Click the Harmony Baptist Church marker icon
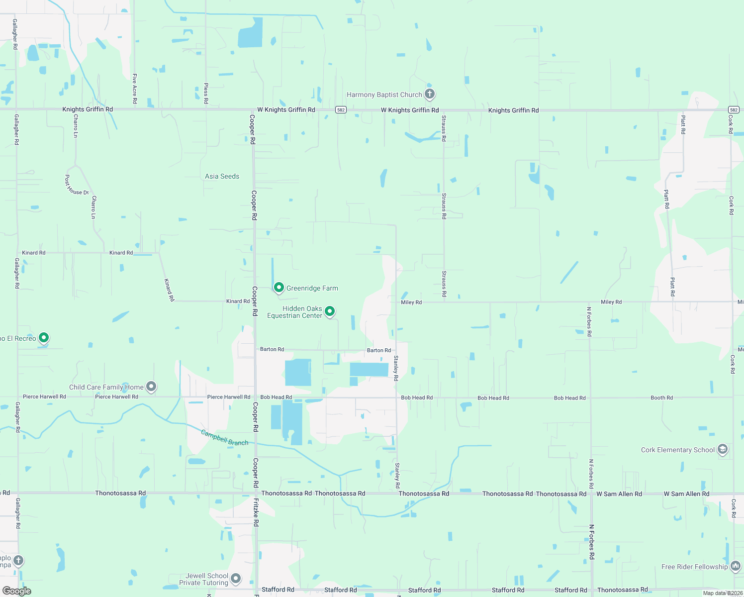click(x=430, y=94)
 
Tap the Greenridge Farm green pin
click(x=279, y=288)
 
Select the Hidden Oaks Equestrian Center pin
click(x=329, y=311)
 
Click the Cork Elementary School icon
click(x=723, y=449)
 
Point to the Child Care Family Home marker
click(x=152, y=387)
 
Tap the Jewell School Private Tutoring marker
click(x=236, y=579)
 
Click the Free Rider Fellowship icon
click(x=736, y=566)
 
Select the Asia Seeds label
click(x=222, y=176)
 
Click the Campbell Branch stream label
click(x=224, y=438)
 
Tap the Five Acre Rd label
click(x=134, y=88)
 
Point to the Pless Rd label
click(x=206, y=93)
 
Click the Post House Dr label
click(x=77, y=185)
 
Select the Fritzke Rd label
click(x=256, y=512)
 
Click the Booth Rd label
click(x=661, y=398)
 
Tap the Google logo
click(x=16, y=591)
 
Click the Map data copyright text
click(x=723, y=593)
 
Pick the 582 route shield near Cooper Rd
click(x=340, y=110)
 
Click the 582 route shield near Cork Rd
click(x=734, y=110)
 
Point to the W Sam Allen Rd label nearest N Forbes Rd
click(x=619, y=494)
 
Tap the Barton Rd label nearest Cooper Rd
click(x=272, y=349)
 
